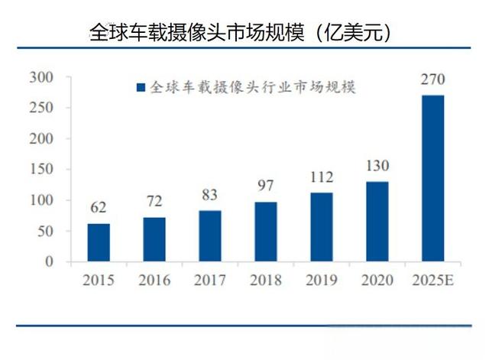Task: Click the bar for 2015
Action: (x=98, y=242)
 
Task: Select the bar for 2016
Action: (x=154, y=239)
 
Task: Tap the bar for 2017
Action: (x=210, y=235)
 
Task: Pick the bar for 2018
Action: (x=266, y=232)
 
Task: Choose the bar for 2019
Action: (x=322, y=227)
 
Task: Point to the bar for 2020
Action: (x=377, y=222)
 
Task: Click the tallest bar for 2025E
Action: (x=433, y=178)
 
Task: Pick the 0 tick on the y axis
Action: (x=50, y=261)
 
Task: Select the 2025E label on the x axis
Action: (x=433, y=281)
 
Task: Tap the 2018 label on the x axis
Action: (x=266, y=281)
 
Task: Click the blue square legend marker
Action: (x=140, y=87)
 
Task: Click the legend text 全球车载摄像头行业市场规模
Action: (x=253, y=87)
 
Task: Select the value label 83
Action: (x=210, y=196)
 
